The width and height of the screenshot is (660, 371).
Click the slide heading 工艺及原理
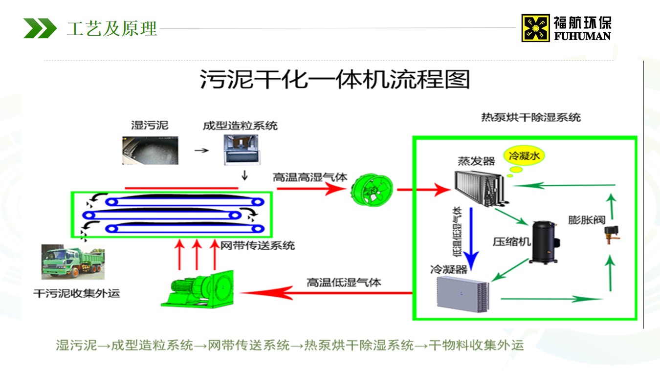(112, 28)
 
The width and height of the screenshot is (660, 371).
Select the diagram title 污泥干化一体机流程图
(335, 79)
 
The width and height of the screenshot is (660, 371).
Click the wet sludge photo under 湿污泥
(150, 150)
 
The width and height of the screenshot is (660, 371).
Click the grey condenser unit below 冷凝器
(462, 291)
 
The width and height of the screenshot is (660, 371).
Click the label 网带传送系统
(258, 245)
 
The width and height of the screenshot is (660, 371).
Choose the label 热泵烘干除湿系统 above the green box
(531, 117)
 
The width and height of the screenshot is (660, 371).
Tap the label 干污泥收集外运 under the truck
(76, 294)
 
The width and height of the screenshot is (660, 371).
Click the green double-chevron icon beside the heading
(40, 28)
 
